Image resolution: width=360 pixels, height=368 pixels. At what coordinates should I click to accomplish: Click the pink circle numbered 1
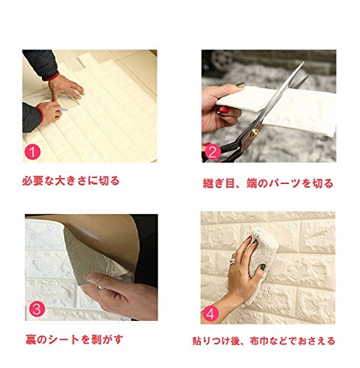coord(32,152)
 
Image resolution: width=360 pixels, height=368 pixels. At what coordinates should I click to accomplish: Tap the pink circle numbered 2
coord(213,152)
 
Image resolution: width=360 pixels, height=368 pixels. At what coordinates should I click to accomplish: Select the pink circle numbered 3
coord(37,309)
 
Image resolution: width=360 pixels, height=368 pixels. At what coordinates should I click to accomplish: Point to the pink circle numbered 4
coord(211,314)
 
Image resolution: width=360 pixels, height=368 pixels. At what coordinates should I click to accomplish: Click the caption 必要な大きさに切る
coord(71,181)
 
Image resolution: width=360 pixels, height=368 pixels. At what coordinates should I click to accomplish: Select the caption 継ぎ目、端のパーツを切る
coord(268,183)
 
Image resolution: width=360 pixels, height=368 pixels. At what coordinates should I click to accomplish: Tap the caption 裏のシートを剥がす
coord(74,340)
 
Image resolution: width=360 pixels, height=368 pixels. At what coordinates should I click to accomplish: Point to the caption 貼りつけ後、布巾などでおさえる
coord(264,341)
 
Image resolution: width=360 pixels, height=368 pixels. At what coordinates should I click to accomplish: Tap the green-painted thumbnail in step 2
coord(240,85)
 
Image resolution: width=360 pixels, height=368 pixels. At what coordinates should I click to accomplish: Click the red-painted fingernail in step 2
coord(224,110)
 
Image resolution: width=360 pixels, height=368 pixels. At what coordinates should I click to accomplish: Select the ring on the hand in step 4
coord(232,261)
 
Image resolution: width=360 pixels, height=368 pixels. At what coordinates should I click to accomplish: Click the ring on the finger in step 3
coord(99,288)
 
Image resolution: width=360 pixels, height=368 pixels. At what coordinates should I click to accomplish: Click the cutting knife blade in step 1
coord(64,110)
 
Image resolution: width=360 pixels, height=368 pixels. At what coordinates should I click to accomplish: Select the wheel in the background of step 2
coord(222,60)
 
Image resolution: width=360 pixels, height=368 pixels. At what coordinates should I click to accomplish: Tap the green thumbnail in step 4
coord(263,266)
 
